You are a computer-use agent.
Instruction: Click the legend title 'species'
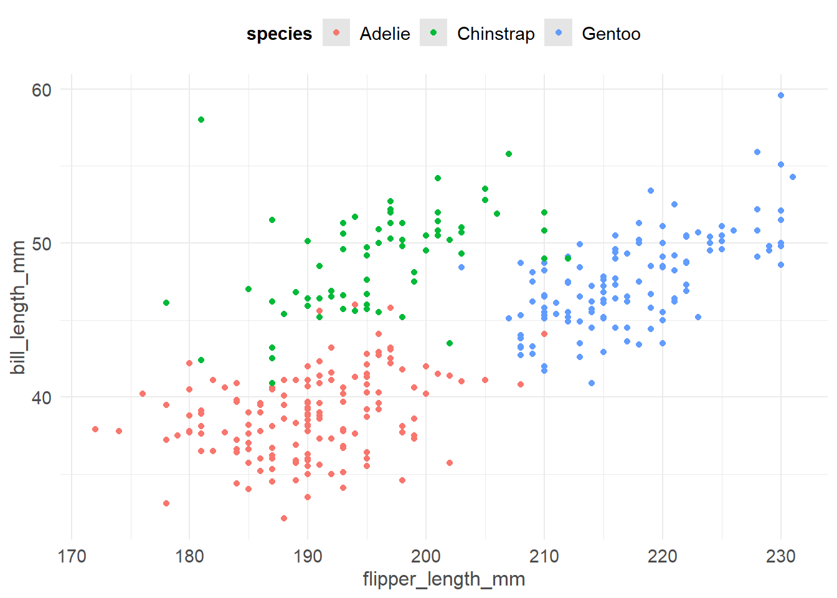279,34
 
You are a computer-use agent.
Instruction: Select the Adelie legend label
384,34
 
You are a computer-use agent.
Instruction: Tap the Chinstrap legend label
496,34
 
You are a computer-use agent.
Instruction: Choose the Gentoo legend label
611,34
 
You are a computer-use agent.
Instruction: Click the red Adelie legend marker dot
336,33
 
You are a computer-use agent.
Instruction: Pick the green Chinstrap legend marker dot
433,33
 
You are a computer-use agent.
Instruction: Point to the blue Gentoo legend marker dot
558,33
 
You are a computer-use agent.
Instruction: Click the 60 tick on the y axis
42,90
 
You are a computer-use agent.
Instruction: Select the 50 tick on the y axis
42,244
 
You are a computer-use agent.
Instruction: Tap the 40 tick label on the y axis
42,397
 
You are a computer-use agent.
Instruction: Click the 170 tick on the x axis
72,556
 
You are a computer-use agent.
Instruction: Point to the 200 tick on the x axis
426,556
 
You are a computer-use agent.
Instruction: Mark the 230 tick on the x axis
780,556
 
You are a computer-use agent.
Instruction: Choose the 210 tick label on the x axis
544,556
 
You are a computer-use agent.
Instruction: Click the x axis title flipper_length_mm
444,579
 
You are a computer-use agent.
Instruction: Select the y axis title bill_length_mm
19,308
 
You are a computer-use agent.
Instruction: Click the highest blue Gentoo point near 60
781,95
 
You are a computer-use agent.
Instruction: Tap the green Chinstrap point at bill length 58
201,120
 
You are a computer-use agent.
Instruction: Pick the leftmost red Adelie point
95,429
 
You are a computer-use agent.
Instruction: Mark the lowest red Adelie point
284,518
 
